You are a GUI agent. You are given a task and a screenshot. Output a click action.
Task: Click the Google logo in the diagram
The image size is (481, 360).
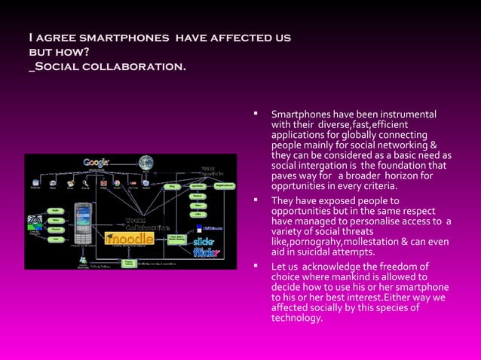(97, 162)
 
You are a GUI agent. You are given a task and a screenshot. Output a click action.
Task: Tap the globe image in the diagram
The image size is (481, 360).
(146, 162)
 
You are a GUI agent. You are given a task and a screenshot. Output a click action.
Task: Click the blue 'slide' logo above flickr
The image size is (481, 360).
(204, 240)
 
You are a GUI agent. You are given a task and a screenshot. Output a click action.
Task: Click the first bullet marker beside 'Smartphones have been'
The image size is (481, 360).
(256, 115)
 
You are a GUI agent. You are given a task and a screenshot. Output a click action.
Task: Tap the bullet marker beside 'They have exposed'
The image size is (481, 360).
(256, 201)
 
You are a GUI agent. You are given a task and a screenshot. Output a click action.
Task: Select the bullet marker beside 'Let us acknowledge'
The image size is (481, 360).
(256, 267)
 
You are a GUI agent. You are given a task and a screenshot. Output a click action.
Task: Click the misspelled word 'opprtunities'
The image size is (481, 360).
(300, 186)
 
